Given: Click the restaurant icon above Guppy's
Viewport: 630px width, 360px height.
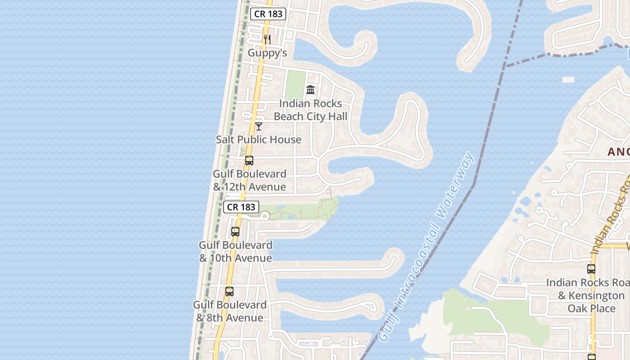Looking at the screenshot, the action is tap(267, 40).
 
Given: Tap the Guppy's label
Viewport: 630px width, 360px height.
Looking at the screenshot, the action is tap(267, 53).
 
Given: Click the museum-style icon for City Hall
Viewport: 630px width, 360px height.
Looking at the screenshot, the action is tap(310, 90).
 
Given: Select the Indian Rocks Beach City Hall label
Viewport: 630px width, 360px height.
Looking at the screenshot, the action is tap(310, 110).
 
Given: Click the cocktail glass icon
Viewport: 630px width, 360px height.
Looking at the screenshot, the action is tap(259, 126).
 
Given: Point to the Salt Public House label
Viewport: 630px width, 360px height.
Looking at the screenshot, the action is tap(259, 139).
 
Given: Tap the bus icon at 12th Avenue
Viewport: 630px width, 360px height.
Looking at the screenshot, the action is tap(249, 161).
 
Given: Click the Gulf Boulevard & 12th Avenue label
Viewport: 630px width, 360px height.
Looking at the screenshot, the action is tap(249, 180).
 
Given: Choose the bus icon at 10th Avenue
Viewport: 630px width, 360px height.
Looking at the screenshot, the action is tap(235, 232).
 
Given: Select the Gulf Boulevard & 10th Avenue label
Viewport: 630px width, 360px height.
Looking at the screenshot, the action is tap(236, 252).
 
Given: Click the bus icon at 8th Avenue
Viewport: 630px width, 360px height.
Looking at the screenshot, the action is tap(229, 292).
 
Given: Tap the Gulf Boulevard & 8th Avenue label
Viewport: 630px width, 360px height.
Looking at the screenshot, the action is tap(230, 311).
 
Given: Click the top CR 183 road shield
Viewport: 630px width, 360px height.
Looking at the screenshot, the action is tap(268, 14).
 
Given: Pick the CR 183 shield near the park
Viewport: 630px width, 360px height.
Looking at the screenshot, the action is tap(241, 207).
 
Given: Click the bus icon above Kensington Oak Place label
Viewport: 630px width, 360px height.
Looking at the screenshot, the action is tap(591, 270).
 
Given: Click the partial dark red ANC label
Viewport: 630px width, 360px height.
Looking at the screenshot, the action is tap(618, 152).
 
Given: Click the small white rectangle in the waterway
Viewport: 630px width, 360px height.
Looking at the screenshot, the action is tap(568, 80).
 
